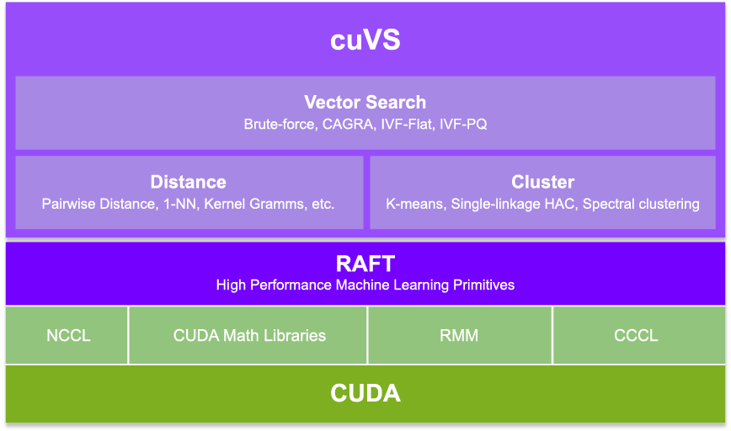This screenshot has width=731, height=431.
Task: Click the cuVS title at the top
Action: (365, 40)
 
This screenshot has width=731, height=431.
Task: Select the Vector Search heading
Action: (365, 102)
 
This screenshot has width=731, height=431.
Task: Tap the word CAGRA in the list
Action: (348, 125)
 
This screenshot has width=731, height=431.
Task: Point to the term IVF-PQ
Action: (463, 125)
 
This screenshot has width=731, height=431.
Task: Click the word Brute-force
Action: (280, 125)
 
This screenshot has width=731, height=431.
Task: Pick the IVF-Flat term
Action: (407, 125)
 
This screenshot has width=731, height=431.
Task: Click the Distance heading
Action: (189, 182)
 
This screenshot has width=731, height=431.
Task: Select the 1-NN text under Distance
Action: (181, 204)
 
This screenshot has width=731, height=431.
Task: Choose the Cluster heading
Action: (542, 182)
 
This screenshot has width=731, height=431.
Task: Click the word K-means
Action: (414, 204)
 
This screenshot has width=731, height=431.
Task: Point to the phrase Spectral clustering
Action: (641, 204)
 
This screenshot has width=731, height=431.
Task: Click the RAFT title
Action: (365, 263)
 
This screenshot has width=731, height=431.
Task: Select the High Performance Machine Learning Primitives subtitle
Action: (365, 285)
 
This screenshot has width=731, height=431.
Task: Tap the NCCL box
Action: (67, 335)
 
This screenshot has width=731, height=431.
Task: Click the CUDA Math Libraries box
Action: (248, 335)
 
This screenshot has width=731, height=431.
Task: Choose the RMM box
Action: (460, 335)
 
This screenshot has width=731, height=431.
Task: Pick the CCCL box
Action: (638, 335)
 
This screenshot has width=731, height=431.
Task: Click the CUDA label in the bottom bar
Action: (365, 393)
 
